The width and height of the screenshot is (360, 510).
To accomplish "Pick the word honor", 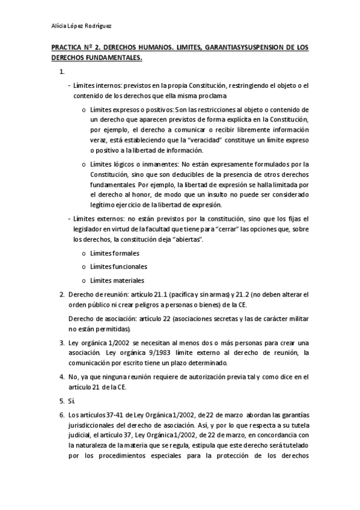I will [155, 195].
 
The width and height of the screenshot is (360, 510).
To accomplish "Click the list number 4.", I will [62, 377].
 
